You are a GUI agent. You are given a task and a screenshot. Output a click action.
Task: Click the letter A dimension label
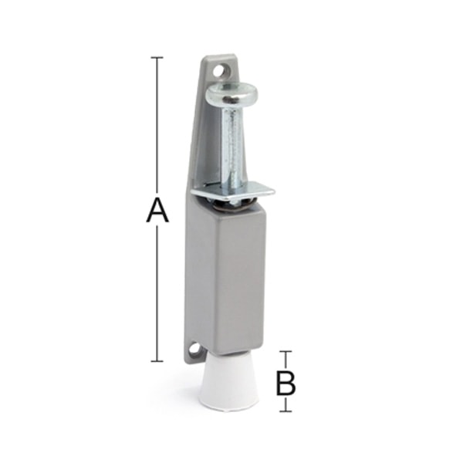pos(157,210)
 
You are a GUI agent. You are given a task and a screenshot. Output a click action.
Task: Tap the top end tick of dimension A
pos(157,58)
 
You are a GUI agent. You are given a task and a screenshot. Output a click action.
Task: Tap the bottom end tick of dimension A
pos(157,360)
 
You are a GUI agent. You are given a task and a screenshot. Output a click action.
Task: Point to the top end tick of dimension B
pos(286,353)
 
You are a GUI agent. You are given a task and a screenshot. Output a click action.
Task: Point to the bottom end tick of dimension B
pos(286,411)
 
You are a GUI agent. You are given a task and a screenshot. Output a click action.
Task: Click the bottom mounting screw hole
pos(194,351)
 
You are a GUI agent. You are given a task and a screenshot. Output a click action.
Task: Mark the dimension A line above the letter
pos(157,123)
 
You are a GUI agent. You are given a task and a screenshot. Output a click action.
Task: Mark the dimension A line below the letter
pos(157,293)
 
